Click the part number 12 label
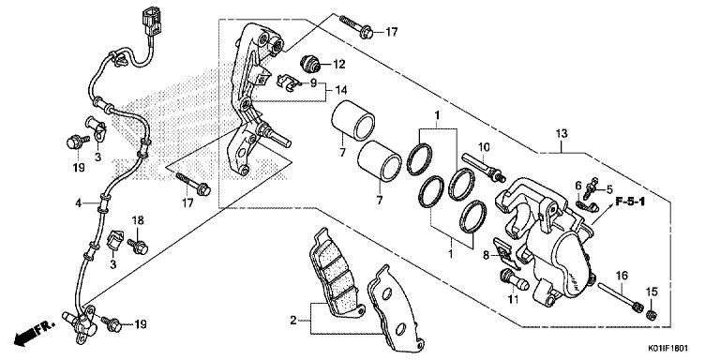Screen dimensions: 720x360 [x=338, y=65]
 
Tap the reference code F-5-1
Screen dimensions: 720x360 [x=630, y=202]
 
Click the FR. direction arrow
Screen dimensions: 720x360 [x=34, y=333]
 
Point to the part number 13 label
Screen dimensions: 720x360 [x=562, y=134]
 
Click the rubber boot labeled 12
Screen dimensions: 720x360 [x=310, y=64]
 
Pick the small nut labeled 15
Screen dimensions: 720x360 [x=651, y=315]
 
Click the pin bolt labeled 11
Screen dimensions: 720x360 [x=514, y=280]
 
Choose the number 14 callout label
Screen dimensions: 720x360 [x=340, y=90]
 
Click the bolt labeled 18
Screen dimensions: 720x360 [x=138, y=247]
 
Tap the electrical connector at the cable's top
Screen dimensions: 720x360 [x=152, y=21]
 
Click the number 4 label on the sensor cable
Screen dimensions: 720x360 [x=79, y=202]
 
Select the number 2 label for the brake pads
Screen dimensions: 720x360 [x=292, y=320]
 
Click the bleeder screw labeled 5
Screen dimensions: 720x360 [x=591, y=187]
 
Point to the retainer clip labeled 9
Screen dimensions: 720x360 [x=290, y=82]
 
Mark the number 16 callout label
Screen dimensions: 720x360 [x=622, y=276]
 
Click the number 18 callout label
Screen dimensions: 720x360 [x=138, y=220]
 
